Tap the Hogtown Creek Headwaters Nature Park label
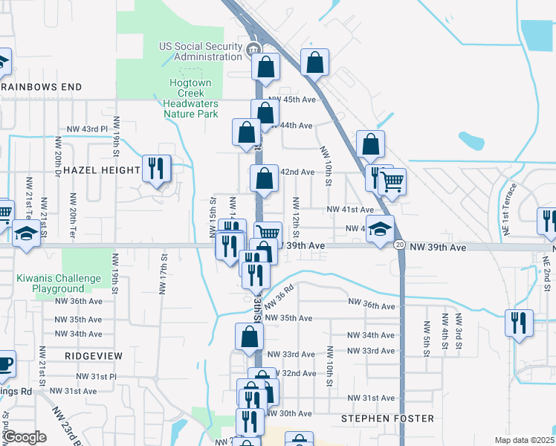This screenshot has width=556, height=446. (190, 99)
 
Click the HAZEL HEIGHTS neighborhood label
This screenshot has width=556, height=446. (102, 170)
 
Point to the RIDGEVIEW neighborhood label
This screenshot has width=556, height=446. (94, 356)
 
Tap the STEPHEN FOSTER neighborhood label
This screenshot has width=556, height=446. (387, 418)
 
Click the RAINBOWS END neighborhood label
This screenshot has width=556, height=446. (41, 87)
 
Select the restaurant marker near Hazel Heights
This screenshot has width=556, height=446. (156, 169)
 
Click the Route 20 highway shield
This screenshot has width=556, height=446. (400, 245)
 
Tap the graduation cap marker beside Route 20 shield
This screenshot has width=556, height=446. (379, 229)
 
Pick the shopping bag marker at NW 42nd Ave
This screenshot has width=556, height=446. (264, 179)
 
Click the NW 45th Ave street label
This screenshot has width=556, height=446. (293, 100)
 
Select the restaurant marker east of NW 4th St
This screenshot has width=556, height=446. (519, 323)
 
